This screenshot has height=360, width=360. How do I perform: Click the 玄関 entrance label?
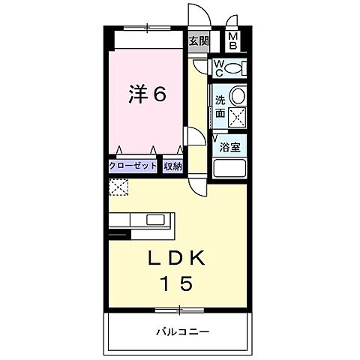click(x=197, y=42)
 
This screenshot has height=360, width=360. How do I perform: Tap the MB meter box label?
click(x=232, y=41)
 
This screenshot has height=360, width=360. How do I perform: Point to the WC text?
click(x=217, y=69)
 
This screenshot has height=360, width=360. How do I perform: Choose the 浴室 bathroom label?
click(x=229, y=148)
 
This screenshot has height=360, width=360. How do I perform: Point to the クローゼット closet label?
click(x=133, y=166)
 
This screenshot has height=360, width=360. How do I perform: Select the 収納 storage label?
click(x=172, y=166)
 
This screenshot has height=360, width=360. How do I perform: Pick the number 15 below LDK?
click(x=178, y=283)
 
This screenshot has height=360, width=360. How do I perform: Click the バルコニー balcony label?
click(x=182, y=331)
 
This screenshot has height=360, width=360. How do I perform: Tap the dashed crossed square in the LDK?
click(x=118, y=187)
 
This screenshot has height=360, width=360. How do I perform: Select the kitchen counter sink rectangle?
click(x=157, y=220)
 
